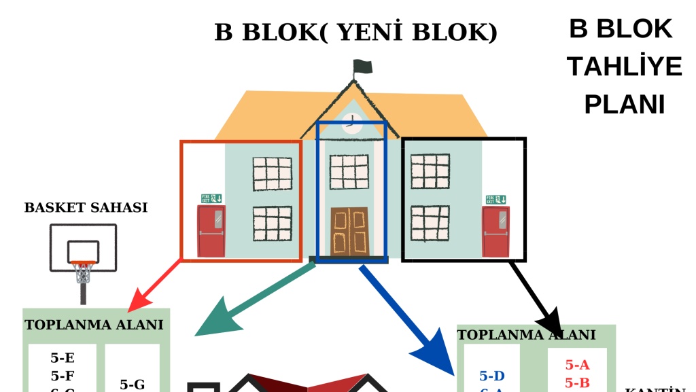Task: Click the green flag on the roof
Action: click(363, 67)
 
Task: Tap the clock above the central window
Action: click(351, 123)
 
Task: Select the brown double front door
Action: click(349, 232)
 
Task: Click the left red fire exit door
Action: click(211, 231)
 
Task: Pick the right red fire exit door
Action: click(495, 232)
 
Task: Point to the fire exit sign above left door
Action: click(211, 198)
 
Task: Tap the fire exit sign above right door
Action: click(495, 199)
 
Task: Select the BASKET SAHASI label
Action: click(86, 208)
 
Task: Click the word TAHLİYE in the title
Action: click(624, 67)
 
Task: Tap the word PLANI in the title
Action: click(624, 105)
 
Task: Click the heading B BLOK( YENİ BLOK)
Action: click(356, 32)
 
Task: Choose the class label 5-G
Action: click(132, 385)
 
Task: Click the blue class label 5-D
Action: click(492, 376)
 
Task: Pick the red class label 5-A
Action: click(577, 365)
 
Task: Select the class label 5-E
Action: click(63, 358)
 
